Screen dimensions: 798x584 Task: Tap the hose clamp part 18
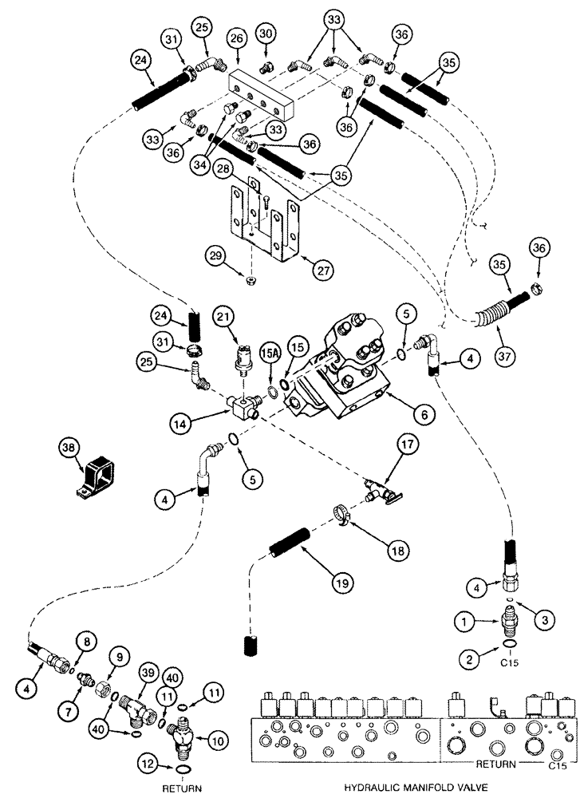[x=341, y=516]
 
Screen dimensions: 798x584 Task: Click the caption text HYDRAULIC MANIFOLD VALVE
[x=408, y=787]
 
